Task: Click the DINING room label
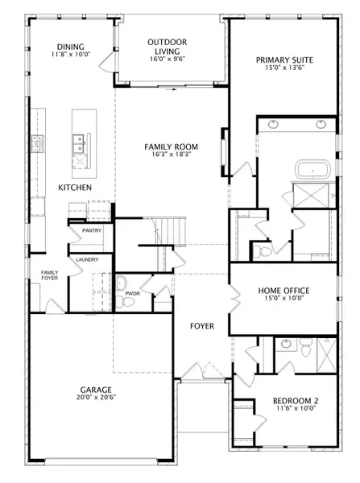(71, 47)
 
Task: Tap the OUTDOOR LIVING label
(167, 47)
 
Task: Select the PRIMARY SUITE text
(284, 60)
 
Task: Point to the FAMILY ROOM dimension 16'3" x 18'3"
(171, 155)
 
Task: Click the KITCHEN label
(75, 188)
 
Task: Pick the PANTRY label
(92, 230)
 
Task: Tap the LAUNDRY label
(87, 260)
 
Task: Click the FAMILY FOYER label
(50, 275)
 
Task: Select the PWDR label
(133, 294)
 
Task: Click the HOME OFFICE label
(283, 291)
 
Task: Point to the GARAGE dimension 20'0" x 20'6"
(96, 398)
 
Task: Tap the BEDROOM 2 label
(296, 401)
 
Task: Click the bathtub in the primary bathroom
(312, 169)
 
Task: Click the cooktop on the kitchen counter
(38, 143)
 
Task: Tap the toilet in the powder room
(125, 302)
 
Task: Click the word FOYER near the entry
(202, 326)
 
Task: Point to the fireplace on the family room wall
(225, 152)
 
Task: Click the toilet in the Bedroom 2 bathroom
(305, 348)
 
